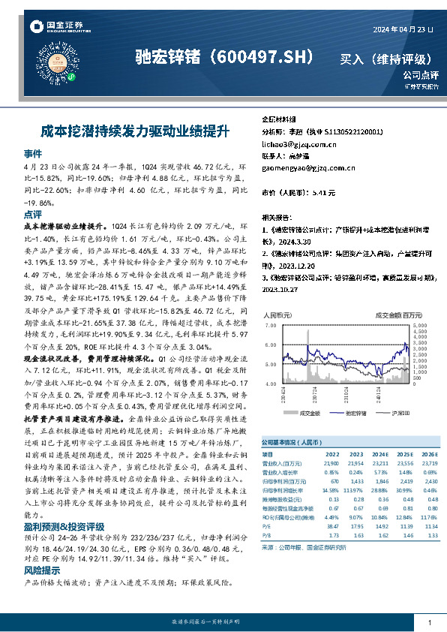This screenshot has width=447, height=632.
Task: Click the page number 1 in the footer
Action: pos(429,622)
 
